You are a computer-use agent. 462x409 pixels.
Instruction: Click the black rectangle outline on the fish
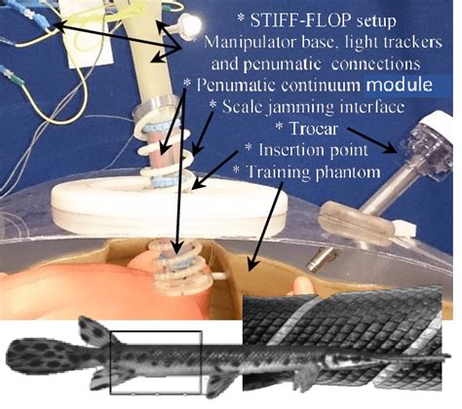[157, 360]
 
